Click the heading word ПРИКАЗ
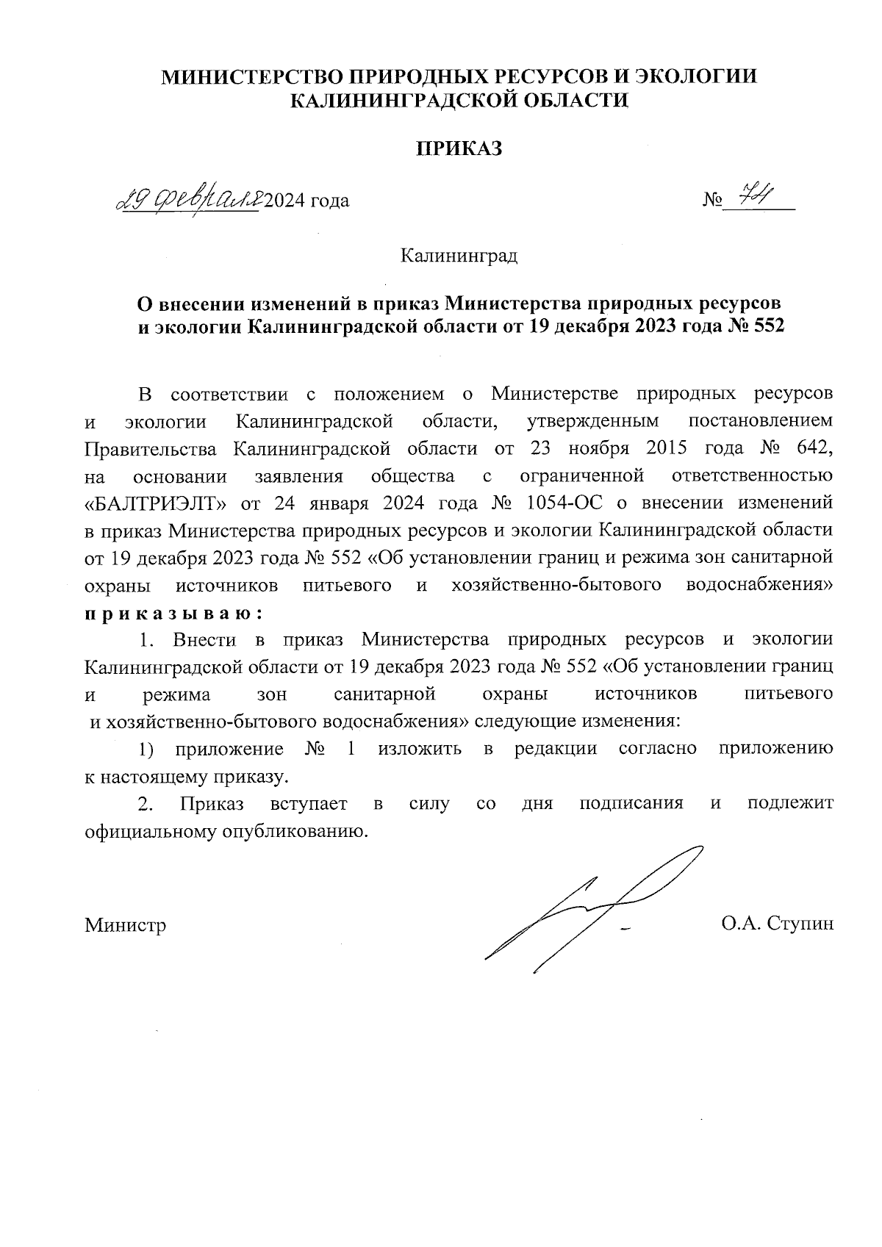point(459,149)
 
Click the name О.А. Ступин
point(778,924)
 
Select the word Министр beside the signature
point(125,924)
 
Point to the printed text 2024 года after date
point(306,200)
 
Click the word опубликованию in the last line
point(294,832)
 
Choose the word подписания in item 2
point(631,803)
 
